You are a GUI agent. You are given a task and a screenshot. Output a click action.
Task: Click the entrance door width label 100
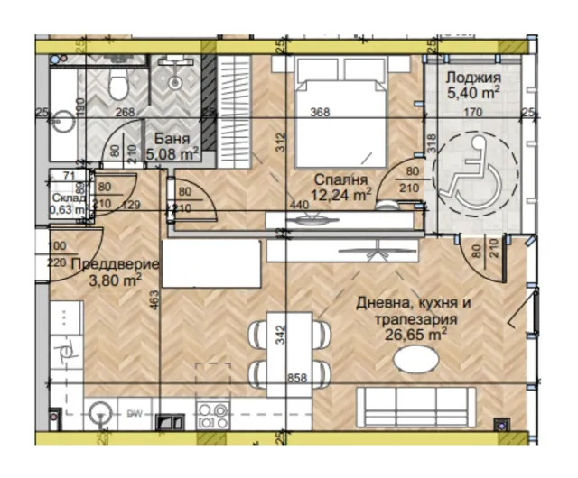pyautogui.click(x=56, y=246)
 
